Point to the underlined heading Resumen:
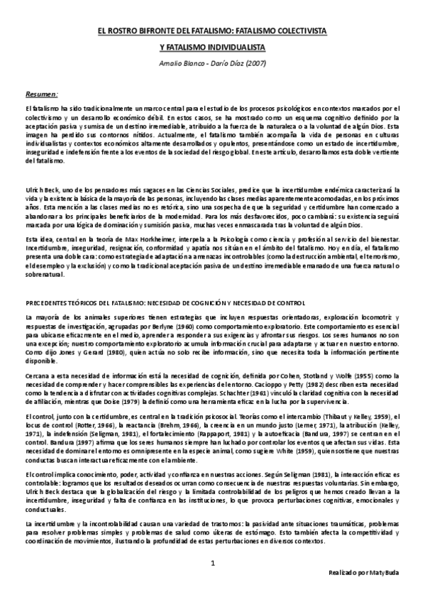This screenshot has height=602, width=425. click(42, 94)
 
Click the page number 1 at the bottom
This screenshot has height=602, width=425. click(212, 564)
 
